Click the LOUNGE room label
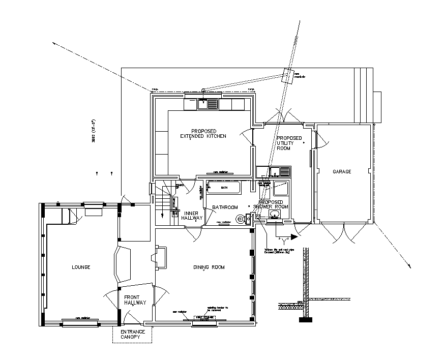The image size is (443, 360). point(81,267)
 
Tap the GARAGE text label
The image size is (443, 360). point(342,172)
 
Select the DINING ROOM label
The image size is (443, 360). point(209,267)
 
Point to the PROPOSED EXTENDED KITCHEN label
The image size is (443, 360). point(202,134)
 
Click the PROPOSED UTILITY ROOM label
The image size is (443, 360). point(289,143)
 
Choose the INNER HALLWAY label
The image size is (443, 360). point(192,216)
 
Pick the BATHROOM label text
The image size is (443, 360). point(225,207)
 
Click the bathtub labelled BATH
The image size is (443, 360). point(224,188)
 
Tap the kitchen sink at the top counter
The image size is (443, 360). point(208,104)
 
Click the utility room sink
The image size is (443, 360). point(280,172)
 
